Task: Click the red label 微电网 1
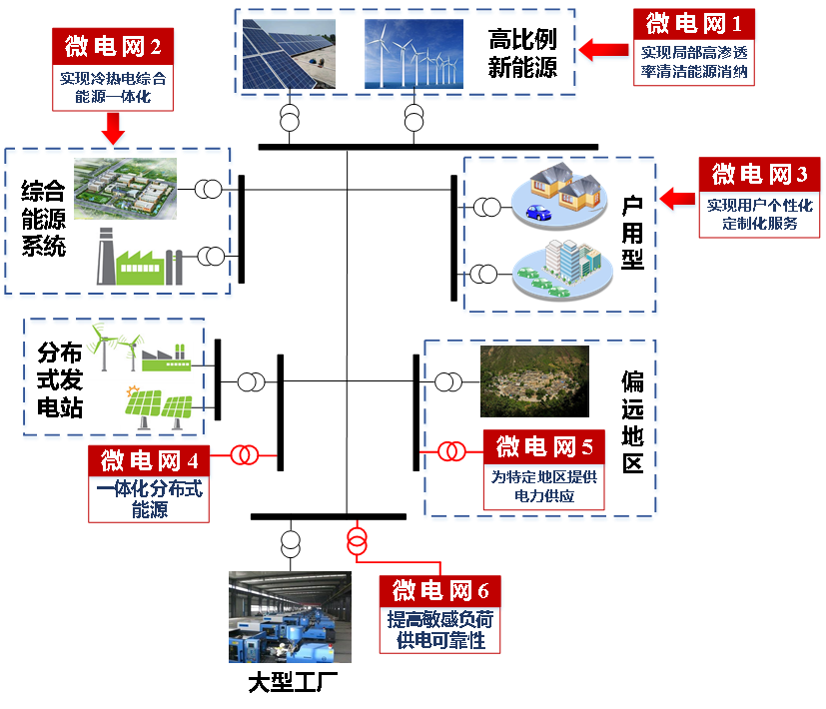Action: click(693, 23)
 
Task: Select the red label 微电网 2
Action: click(113, 46)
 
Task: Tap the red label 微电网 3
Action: click(759, 174)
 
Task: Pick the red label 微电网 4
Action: click(149, 460)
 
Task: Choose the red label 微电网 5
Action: click(544, 445)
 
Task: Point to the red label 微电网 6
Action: click(439, 590)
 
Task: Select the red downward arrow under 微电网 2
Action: click(113, 127)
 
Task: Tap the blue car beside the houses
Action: click(537, 211)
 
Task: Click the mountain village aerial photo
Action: click(533, 381)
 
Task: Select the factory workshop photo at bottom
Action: click(290, 615)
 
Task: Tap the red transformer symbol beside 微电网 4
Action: click(245, 455)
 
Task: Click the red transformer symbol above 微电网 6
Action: click(357, 541)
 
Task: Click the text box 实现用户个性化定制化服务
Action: click(760, 214)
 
